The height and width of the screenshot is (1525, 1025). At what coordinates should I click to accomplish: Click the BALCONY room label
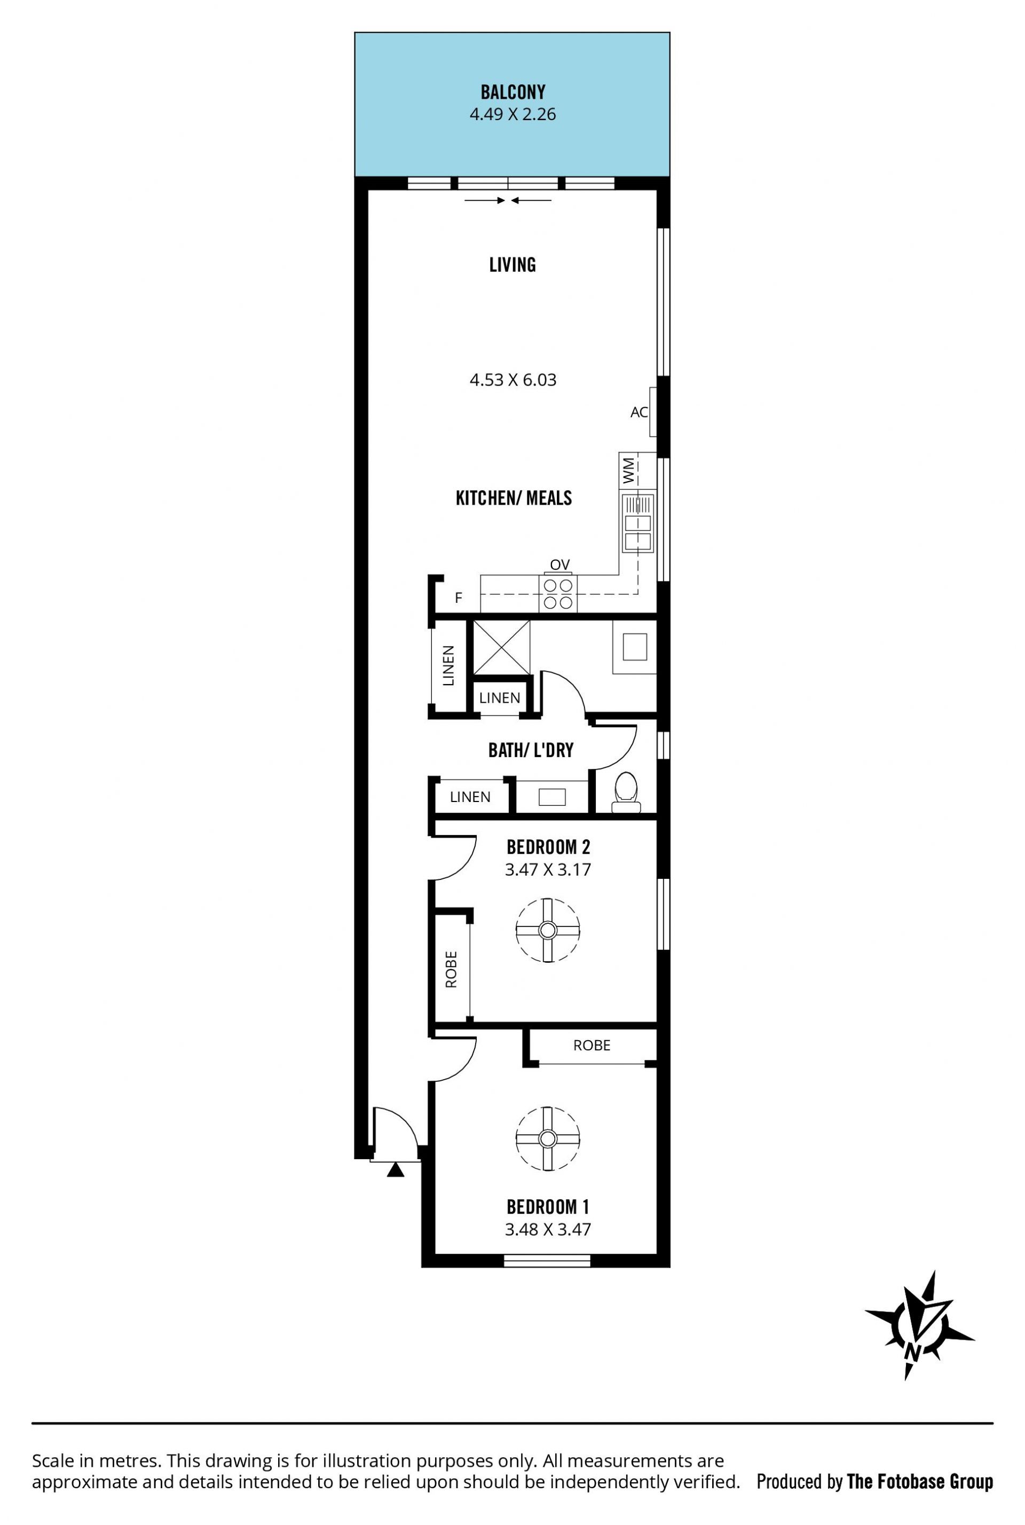click(512, 92)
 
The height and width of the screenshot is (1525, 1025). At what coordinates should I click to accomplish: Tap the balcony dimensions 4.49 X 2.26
click(512, 114)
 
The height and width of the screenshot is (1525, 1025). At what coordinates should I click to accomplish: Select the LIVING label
click(512, 265)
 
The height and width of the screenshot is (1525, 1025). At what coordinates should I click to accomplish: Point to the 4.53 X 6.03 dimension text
click(512, 380)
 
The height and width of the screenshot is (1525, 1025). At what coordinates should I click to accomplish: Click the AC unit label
click(638, 412)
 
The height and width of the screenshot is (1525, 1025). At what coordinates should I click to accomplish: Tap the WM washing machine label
click(628, 470)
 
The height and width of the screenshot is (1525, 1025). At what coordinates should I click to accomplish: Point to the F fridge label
click(458, 598)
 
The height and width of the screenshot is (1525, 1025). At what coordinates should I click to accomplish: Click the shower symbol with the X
click(501, 647)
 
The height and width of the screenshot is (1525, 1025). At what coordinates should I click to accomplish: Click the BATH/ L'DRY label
click(531, 750)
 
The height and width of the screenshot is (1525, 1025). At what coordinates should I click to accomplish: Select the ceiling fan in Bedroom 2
click(547, 930)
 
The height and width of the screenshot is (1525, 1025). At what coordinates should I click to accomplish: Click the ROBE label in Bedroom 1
click(592, 1045)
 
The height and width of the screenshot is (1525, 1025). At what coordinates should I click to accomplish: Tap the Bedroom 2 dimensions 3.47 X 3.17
click(548, 869)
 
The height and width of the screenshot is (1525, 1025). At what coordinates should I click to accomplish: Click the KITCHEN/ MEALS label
click(514, 498)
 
